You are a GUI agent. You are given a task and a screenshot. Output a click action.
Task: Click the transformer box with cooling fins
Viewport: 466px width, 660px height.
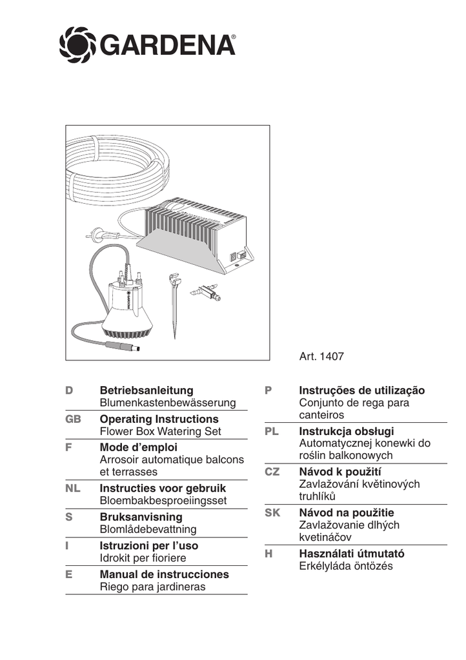(194, 232)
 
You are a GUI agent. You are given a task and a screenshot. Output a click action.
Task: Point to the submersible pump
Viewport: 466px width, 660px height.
(129, 306)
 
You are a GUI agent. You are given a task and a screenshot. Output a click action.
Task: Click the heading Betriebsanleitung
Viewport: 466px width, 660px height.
(147, 391)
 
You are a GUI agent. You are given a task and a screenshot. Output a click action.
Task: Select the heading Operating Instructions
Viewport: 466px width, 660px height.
(159, 420)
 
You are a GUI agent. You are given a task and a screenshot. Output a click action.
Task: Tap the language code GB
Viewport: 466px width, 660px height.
(73, 420)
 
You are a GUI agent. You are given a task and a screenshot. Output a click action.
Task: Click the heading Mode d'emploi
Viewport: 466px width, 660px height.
(138, 447)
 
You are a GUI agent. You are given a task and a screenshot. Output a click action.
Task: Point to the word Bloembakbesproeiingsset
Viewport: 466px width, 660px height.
(163, 500)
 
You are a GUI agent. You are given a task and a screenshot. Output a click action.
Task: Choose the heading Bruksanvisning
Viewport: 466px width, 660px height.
(141, 517)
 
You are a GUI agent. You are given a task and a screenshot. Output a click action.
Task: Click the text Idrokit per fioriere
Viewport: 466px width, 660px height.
(143, 558)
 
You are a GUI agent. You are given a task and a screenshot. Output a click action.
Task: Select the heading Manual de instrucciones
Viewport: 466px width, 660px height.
(165, 574)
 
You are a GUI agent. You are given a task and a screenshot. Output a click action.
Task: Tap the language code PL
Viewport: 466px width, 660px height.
(272, 431)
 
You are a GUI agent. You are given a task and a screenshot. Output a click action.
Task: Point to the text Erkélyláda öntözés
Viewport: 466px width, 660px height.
(346, 566)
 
